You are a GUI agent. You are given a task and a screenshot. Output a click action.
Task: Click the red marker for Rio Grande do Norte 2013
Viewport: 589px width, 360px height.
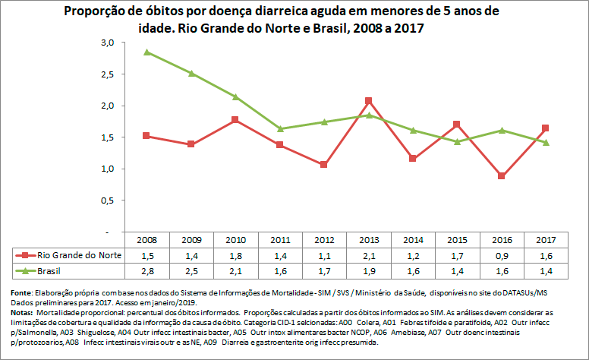pyautogui.click(x=368, y=101)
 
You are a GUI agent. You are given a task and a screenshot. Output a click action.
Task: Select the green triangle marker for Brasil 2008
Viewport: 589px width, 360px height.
pyautogui.click(x=146, y=52)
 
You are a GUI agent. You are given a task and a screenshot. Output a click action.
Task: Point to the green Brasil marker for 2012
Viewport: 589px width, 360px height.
pyautogui.click(x=324, y=122)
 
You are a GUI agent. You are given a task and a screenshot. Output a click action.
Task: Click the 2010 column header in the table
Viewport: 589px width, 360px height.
pyautogui.click(x=235, y=239)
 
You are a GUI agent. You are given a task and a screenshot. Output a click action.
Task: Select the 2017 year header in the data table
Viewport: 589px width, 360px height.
pyautogui.click(x=546, y=239)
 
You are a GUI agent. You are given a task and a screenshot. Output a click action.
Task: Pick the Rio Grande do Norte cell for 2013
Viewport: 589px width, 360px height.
pyautogui.click(x=368, y=254)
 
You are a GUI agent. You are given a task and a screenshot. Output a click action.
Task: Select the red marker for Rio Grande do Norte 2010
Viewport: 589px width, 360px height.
pyautogui.click(x=235, y=120)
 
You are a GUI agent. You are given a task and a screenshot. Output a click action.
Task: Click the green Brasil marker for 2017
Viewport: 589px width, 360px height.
pyautogui.click(x=546, y=143)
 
